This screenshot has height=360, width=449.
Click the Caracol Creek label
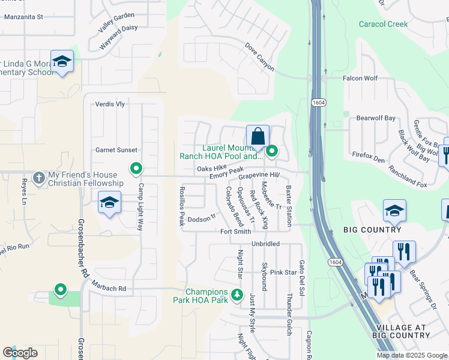tap(383, 25)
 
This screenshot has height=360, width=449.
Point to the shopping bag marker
tap(258, 137)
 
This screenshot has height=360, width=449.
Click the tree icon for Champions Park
tap(237, 295)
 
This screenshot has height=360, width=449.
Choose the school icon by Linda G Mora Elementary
tap(62, 62)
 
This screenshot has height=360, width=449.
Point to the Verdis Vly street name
tap(110, 104)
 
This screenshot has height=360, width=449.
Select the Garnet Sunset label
tap(116, 150)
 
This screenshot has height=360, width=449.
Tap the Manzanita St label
tap(24, 17)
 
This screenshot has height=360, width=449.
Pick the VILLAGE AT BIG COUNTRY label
tap(401, 332)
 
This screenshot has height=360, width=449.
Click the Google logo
tap(20, 353)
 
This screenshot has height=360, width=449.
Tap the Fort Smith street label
tap(235, 232)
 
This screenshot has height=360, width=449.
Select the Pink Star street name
tap(283, 272)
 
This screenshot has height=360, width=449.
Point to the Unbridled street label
tap(266, 244)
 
